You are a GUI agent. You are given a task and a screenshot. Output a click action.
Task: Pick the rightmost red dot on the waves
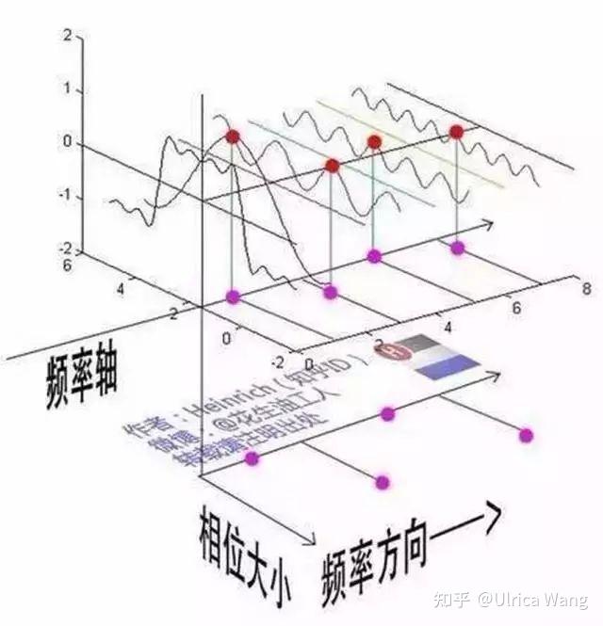457,132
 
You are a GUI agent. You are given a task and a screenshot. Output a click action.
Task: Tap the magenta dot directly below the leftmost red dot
234,297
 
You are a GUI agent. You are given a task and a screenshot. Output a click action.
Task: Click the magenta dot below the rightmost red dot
458,249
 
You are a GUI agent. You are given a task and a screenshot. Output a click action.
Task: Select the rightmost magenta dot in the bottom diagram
526,434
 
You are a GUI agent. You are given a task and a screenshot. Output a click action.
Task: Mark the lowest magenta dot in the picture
382,482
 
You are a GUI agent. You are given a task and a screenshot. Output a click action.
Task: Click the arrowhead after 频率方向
485,520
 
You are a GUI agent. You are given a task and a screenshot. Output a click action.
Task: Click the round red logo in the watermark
387,351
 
